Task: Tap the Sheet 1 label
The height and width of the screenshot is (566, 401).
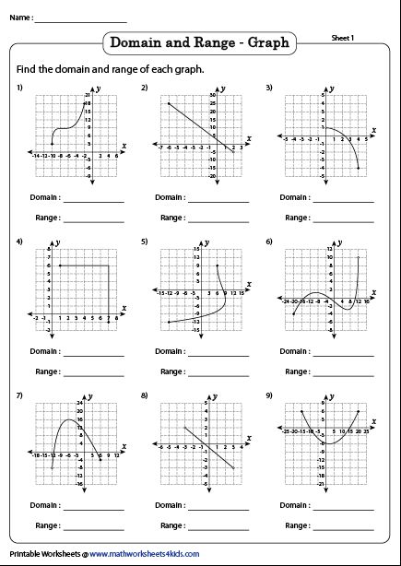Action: [x=344, y=37]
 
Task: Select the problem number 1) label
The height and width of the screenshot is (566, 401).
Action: [x=19, y=87]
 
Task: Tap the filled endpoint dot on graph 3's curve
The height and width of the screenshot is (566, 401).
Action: [x=358, y=167]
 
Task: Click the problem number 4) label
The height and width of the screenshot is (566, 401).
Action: [x=19, y=242]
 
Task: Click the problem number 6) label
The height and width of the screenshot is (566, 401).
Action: [x=269, y=242]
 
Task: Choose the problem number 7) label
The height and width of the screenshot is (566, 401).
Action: [x=19, y=395]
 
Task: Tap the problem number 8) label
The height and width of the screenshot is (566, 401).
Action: [x=145, y=395]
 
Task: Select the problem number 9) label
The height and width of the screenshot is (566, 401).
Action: [x=269, y=395]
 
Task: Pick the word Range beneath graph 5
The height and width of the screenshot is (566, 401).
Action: [x=171, y=371]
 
